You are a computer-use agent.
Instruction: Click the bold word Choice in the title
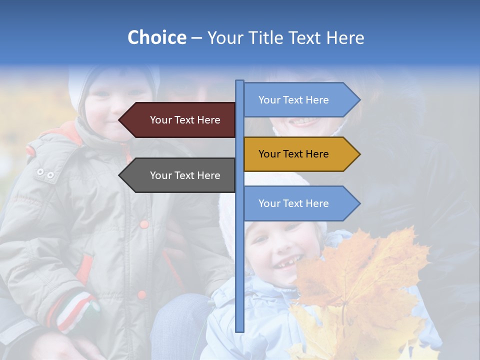pyautogui.click(x=156, y=37)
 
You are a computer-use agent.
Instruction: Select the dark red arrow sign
pyautogui.click(x=180, y=120)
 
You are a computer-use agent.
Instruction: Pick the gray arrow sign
pyautogui.click(x=180, y=175)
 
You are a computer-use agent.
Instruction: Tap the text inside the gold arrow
pyautogui.click(x=293, y=154)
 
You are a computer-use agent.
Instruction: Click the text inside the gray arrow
pyautogui.click(x=185, y=175)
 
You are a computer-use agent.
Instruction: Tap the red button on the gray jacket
pyautogui.click(x=144, y=224)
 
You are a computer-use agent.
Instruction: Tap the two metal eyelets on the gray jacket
pyautogui.click(x=45, y=173)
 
